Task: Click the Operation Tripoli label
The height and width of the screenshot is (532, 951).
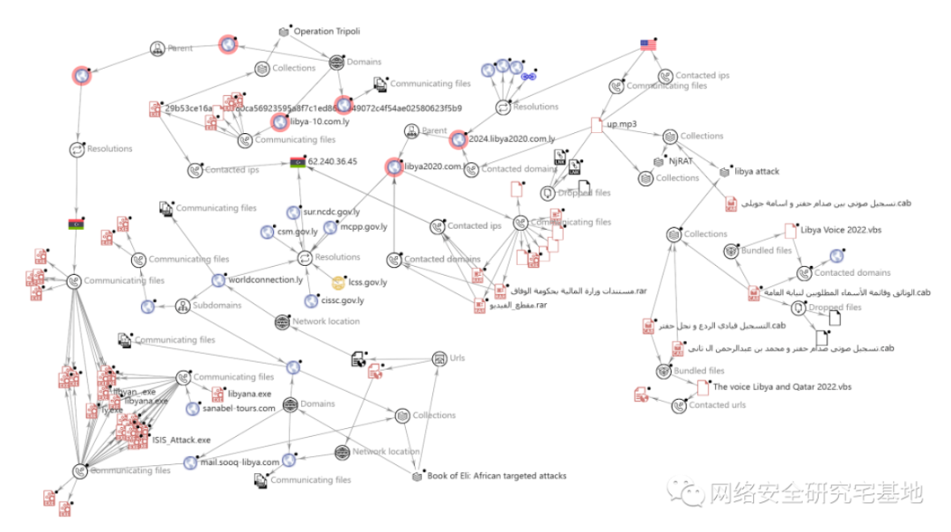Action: [x=327, y=32]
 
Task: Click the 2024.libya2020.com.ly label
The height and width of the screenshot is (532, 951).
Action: [x=513, y=138]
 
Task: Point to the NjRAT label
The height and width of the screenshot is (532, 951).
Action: [x=682, y=161]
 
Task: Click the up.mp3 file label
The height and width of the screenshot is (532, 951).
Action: [x=622, y=124]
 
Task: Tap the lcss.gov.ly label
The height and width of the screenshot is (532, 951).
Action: [x=367, y=283]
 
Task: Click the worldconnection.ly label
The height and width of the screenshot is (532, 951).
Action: [x=267, y=280]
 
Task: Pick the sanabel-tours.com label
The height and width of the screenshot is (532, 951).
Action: [x=240, y=409]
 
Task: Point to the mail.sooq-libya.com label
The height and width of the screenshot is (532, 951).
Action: [x=240, y=462]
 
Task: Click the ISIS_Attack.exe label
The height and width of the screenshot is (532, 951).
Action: [x=181, y=439]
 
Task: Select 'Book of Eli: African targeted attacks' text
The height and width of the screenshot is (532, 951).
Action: [x=497, y=476]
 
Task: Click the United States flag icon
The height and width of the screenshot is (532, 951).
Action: [x=649, y=44]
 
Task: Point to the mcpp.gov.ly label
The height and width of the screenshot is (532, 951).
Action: [x=352, y=227]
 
